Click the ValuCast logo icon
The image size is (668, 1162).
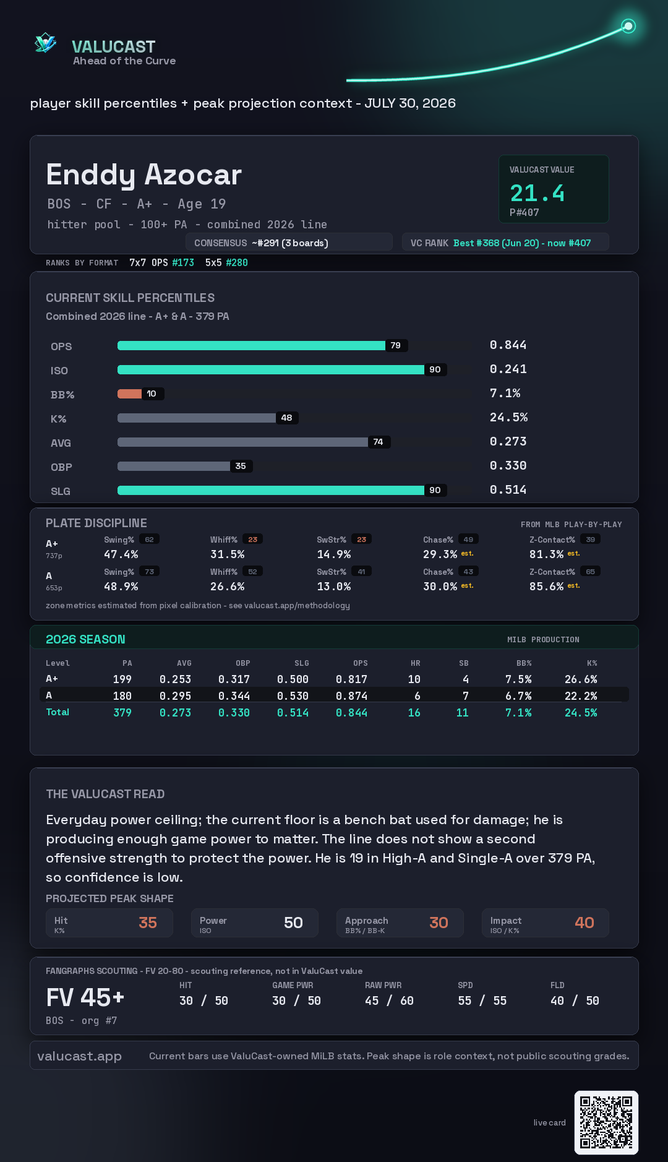[45, 43]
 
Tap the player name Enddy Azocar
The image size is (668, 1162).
[143, 174]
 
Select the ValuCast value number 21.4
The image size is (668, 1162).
[537, 193]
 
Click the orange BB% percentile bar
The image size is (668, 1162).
[129, 394]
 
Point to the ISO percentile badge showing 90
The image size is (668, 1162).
[435, 369]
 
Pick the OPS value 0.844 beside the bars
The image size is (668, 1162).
[508, 345]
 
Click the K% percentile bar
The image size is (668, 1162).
[197, 418]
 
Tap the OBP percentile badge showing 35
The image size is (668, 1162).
[241, 466]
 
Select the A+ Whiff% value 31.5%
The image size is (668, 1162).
[228, 554]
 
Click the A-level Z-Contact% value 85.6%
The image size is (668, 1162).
[546, 587]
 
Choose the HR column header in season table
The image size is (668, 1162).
[415, 663]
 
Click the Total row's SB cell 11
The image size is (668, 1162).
[462, 713]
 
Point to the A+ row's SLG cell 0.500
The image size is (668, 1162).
[293, 679]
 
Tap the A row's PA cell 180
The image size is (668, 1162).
[122, 696]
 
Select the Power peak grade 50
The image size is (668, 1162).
[293, 923]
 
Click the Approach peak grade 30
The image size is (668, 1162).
[439, 923]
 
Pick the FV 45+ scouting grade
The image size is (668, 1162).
[85, 997]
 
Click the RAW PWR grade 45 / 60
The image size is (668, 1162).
[389, 1001]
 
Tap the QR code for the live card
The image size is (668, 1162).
[606, 1122]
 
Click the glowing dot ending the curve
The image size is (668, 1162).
[628, 26]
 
